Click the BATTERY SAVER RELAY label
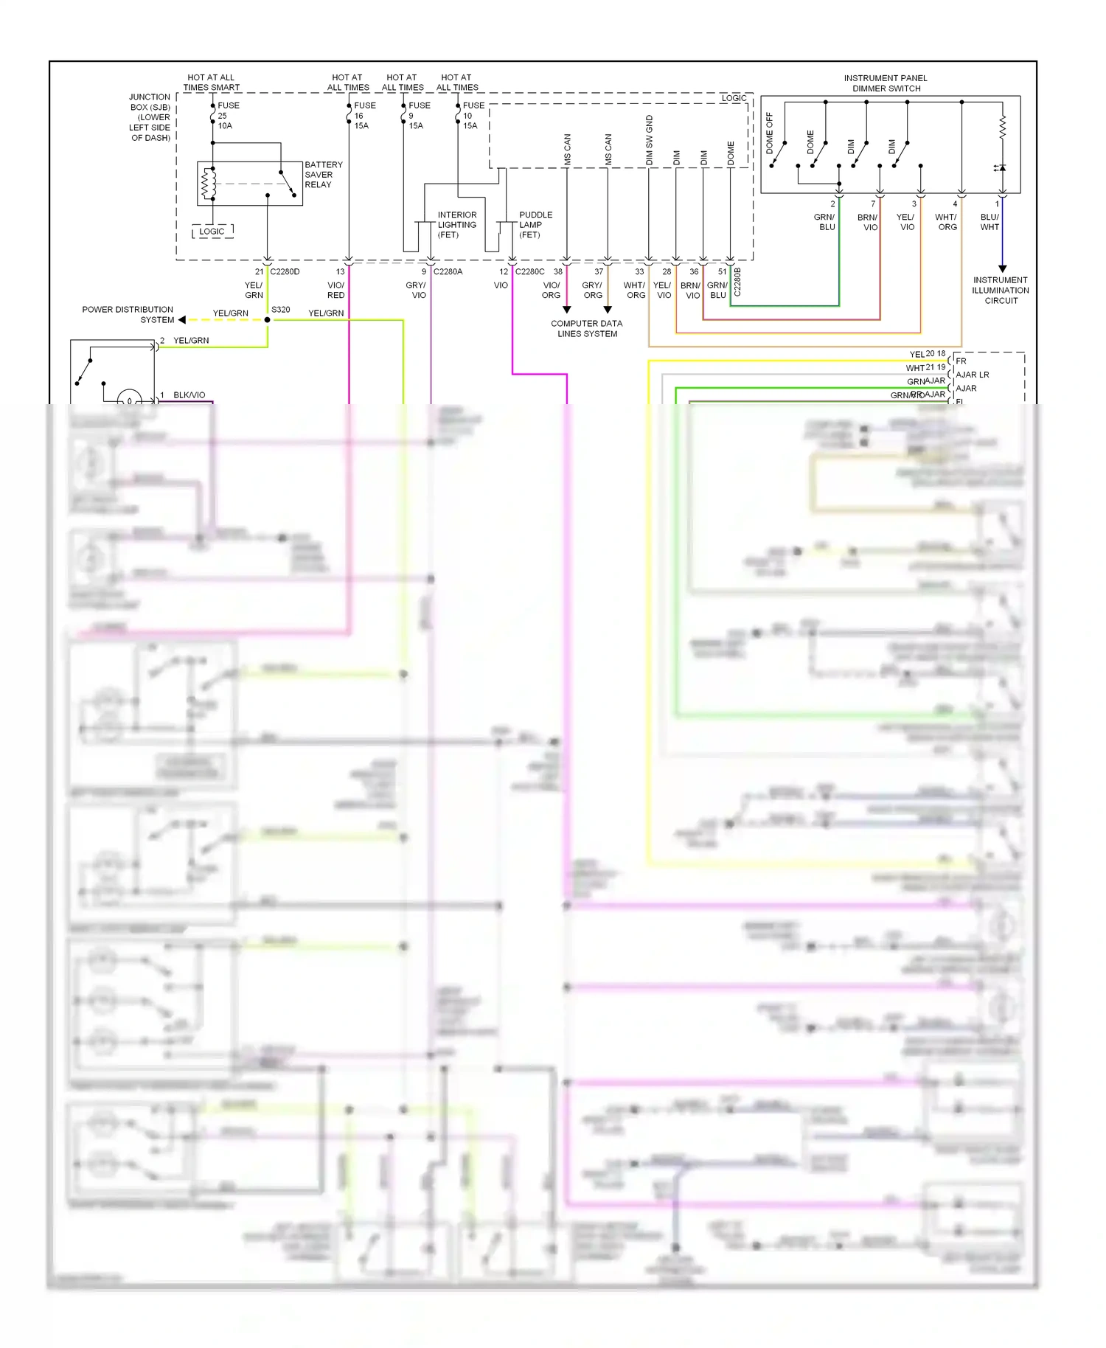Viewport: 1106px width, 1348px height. click(323, 175)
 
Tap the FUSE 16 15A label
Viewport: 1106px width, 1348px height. click(364, 116)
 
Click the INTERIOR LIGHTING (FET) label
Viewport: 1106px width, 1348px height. click(456, 225)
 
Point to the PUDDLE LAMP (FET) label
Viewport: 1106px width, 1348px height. click(535, 225)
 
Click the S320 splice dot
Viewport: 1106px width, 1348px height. click(268, 320)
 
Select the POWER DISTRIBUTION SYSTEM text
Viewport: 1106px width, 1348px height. click(128, 315)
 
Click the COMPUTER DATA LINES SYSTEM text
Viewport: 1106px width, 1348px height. click(587, 329)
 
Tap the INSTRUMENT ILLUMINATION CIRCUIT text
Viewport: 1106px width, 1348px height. click(1001, 291)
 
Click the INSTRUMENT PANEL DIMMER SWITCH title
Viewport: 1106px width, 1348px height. click(886, 83)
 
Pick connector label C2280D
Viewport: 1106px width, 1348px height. click(285, 271)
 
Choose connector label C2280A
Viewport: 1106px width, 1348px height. click(448, 271)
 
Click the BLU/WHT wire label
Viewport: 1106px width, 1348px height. click(990, 222)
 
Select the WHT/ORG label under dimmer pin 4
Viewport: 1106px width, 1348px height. click(946, 222)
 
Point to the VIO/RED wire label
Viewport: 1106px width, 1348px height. click(335, 290)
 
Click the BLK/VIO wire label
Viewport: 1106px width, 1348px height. click(189, 395)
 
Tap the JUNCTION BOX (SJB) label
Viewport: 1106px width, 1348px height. click(150, 117)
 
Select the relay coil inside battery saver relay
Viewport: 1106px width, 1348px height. click(208, 184)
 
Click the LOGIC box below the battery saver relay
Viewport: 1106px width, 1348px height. click(212, 232)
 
